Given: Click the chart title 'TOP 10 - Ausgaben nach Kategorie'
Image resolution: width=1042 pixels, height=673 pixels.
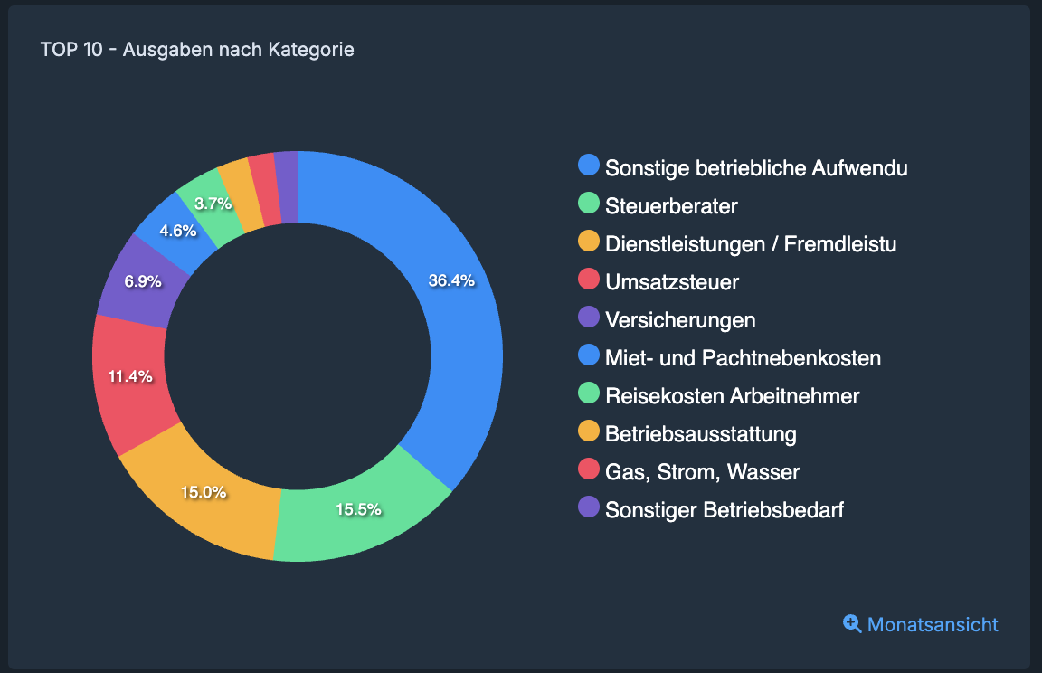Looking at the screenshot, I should pos(197,50).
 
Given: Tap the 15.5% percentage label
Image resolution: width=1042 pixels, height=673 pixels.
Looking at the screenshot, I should pos(358,509).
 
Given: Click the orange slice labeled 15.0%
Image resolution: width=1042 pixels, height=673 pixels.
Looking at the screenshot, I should pos(204,493).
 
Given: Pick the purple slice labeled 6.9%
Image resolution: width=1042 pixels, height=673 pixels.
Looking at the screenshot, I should pos(143,281).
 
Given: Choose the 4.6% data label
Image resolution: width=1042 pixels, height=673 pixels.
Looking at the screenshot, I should pos(177,231).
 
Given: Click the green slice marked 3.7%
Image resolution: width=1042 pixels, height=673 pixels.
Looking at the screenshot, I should pos(213,204).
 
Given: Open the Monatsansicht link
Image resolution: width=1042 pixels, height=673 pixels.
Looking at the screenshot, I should pos(933,624).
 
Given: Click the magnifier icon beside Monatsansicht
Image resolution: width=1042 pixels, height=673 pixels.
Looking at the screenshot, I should pos(852,623).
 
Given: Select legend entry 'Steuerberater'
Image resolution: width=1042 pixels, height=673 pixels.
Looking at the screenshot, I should pos(671,206).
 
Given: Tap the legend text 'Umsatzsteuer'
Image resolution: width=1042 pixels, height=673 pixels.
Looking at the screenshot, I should pos(672,282).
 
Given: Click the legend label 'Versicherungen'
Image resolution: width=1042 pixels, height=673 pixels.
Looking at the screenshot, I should pos(680,320).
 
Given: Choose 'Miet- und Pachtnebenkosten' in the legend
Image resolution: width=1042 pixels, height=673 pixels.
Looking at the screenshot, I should pos(743,358).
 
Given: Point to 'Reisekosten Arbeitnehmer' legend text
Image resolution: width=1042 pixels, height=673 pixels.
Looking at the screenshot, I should pos(732,396).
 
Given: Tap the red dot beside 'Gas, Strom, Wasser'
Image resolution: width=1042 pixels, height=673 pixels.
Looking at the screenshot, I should pos(589,469).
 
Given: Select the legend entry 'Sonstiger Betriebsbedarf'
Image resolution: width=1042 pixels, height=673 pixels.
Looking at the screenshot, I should pos(724,510).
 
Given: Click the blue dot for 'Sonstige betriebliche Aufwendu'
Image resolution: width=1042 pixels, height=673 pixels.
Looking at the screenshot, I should pos(589,166).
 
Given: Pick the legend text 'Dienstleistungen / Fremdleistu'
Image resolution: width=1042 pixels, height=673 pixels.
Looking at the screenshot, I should pos(751,244).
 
